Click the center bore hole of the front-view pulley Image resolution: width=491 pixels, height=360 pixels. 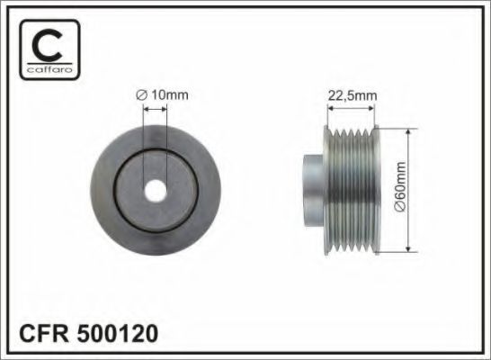pos(156,191)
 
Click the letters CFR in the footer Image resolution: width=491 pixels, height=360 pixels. pos(44,335)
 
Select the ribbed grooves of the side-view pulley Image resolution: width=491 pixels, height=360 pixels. pos(353,190)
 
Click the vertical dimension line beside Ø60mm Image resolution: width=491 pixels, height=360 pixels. pos(409,190)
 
